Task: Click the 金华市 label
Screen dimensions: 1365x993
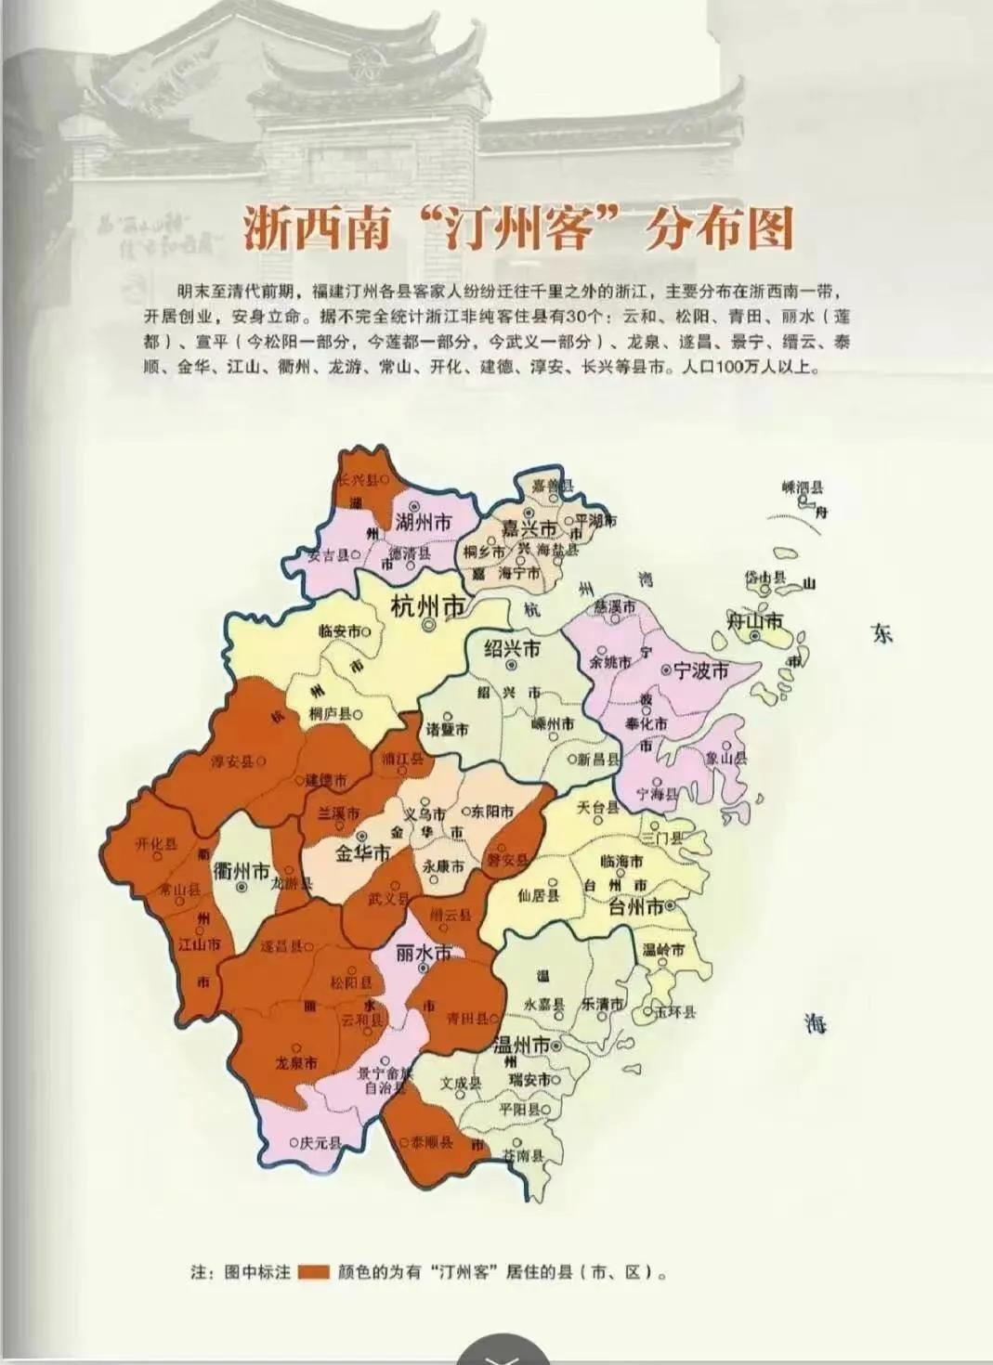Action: [x=361, y=852]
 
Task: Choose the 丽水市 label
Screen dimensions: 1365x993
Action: [x=423, y=954]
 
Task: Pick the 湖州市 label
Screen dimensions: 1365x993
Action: [x=423, y=522]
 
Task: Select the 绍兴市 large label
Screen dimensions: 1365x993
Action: [x=512, y=648]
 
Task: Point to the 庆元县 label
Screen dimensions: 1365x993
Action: [x=320, y=1142]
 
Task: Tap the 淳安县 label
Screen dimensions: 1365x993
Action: [x=233, y=761]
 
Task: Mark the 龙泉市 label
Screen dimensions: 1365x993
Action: [x=296, y=1063]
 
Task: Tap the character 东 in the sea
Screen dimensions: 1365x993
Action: [x=881, y=634]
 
